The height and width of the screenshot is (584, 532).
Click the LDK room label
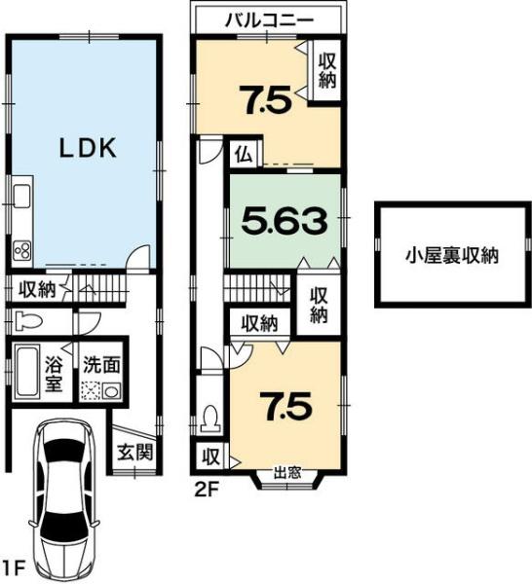click(89, 148)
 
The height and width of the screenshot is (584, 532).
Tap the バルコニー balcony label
click(269, 20)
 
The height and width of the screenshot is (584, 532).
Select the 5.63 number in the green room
click(285, 221)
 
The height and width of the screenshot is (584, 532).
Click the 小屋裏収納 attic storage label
click(452, 255)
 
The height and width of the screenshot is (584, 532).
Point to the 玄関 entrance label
click(135, 453)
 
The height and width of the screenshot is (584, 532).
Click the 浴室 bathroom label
click(54, 375)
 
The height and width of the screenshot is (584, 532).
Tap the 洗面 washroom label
click(101, 365)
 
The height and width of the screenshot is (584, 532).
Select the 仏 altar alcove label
click(245, 155)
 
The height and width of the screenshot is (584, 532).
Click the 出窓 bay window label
click(287, 473)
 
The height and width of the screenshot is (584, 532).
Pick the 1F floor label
click(15, 568)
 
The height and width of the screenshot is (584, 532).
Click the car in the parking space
click(64, 500)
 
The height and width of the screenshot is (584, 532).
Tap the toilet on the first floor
click(29, 321)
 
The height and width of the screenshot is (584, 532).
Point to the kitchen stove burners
click(22, 252)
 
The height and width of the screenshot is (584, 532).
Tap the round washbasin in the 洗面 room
click(111, 391)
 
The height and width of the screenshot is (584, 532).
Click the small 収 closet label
click(211, 456)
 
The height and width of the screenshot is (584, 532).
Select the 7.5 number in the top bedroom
click(267, 99)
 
